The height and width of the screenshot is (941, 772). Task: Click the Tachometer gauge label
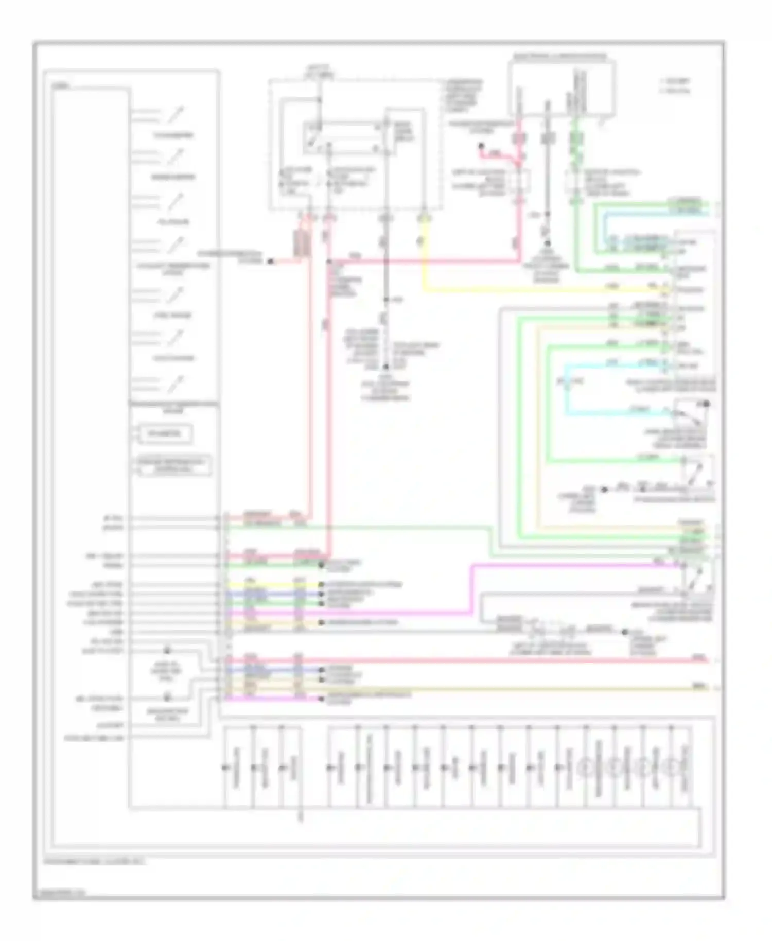point(173,135)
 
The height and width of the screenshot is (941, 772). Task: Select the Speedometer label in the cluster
point(173,178)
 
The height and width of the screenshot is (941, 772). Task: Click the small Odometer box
point(165,433)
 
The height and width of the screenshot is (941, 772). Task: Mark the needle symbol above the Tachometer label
point(176,114)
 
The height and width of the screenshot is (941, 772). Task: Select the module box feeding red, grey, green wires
point(562,88)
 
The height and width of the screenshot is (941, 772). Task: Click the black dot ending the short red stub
point(482,147)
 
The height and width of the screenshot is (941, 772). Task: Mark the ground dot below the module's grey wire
point(547,243)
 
